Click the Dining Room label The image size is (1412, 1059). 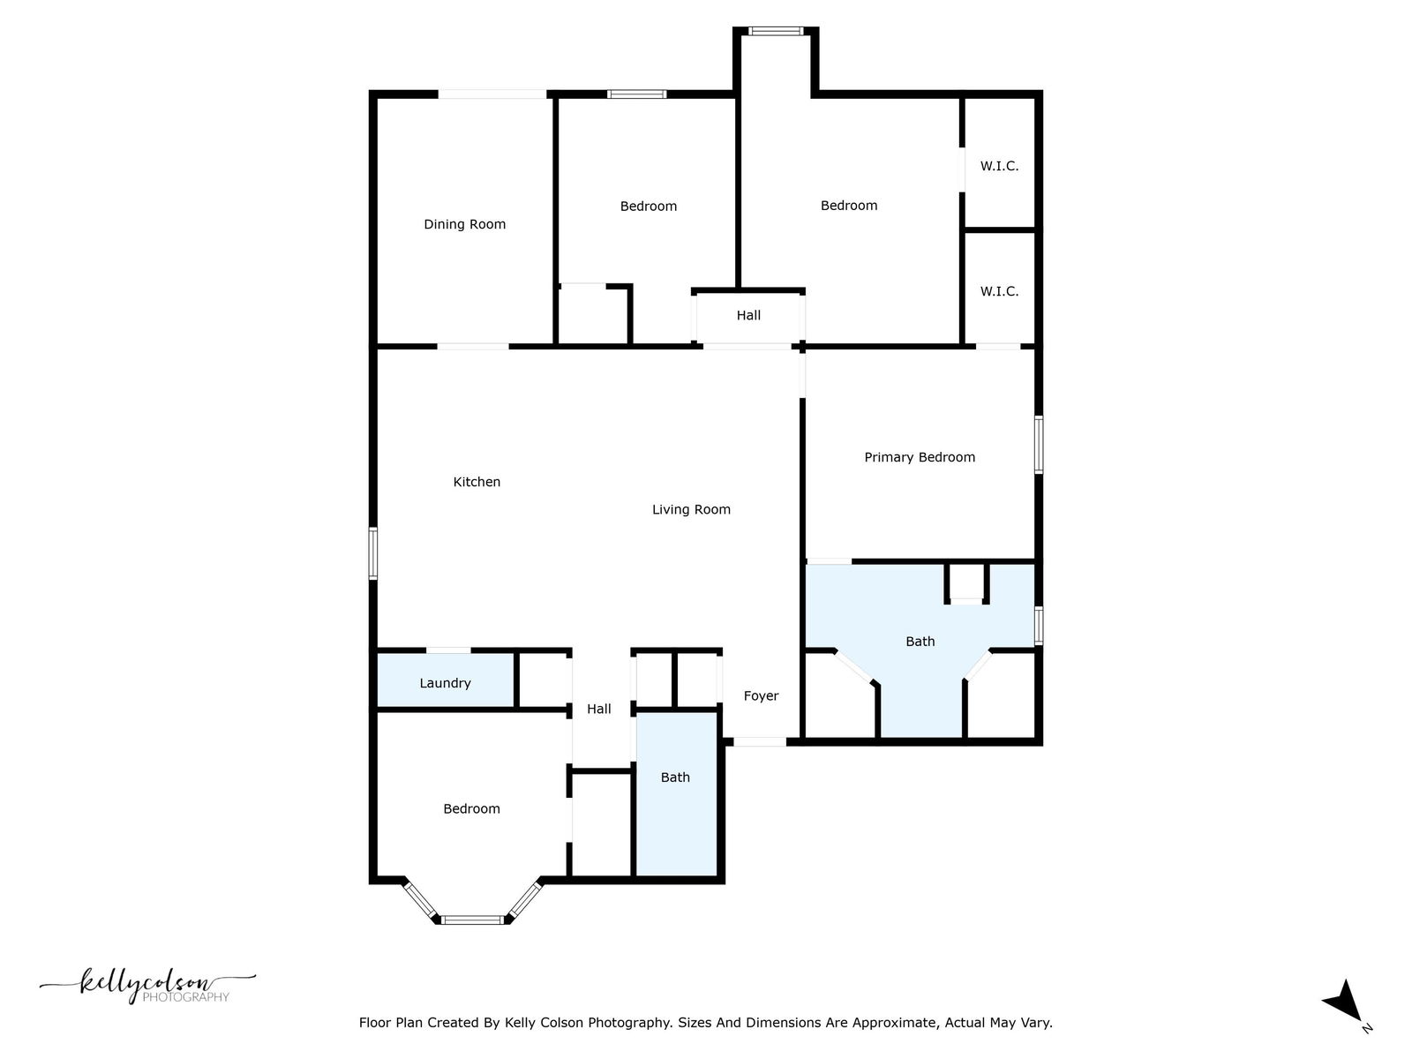[x=464, y=224]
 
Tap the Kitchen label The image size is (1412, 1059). [x=477, y=482]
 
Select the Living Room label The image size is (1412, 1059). [x=691, y=510]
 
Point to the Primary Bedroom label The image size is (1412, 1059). [x=920, y=457]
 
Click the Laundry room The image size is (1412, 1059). [x=445, y=681]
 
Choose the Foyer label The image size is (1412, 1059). [x=761, y=695]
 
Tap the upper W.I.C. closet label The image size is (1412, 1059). [x=999, y=166]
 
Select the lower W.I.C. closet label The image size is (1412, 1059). [x=999, y=291]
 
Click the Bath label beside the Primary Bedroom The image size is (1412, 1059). [x=920, y=641]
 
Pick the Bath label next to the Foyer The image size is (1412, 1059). [x=675, y=777]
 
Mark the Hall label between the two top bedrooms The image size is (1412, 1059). [x=748, y=315]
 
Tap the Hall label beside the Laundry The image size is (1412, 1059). [x=599, y=709]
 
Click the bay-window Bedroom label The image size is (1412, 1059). [x=471, y=809]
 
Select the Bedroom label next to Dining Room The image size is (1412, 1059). [x=648, y=207]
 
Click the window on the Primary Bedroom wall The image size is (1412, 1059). [x=1038, y=444]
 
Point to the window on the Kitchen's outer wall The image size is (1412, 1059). [x=373, y=553]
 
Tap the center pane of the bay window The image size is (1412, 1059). [x=473, y=920]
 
